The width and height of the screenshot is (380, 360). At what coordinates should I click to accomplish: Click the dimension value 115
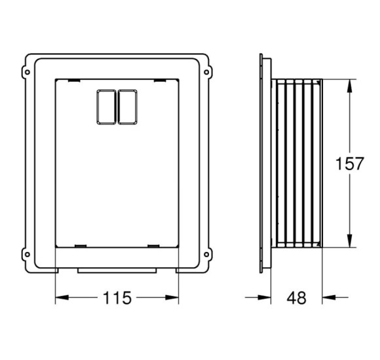(117, 298)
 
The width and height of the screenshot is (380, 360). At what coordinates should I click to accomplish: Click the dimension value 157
(349, 164)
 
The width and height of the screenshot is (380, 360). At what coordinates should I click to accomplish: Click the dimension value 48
(296, 298)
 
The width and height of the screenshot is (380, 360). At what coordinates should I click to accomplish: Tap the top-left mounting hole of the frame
(28, 72)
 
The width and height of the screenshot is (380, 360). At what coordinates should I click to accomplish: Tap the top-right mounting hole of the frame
(206, 72)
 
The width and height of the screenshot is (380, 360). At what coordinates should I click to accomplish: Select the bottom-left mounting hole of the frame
(28, 255)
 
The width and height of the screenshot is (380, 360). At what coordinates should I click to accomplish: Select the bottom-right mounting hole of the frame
(206, 255)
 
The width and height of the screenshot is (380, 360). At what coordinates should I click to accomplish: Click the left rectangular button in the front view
(106, 107)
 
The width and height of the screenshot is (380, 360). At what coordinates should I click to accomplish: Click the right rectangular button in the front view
(128, 107)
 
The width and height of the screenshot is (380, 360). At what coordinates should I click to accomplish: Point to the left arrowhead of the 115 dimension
(62, 298)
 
